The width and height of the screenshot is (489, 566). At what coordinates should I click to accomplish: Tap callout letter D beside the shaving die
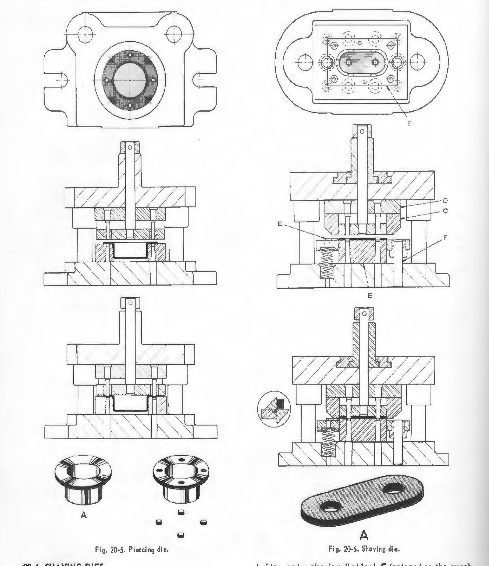pyautogui.click(x=445, y=201)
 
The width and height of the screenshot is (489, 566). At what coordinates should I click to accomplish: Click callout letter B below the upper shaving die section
pyautogui.click(x=370, y=295)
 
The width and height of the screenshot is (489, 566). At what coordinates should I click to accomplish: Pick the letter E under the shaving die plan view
pyautogui.click(x=409, y=123)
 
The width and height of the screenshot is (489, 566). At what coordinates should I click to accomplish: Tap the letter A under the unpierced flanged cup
pyautogui.click(x=84, y=515)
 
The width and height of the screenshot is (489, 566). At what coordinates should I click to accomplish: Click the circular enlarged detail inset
pyautogui.click(x=274, y=409)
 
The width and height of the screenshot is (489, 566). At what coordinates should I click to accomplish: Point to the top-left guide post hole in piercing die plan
pyautogui.click(x=85, y=35)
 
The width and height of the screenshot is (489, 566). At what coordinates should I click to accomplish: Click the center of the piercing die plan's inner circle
pyautogui.click(x=130, y=80)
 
